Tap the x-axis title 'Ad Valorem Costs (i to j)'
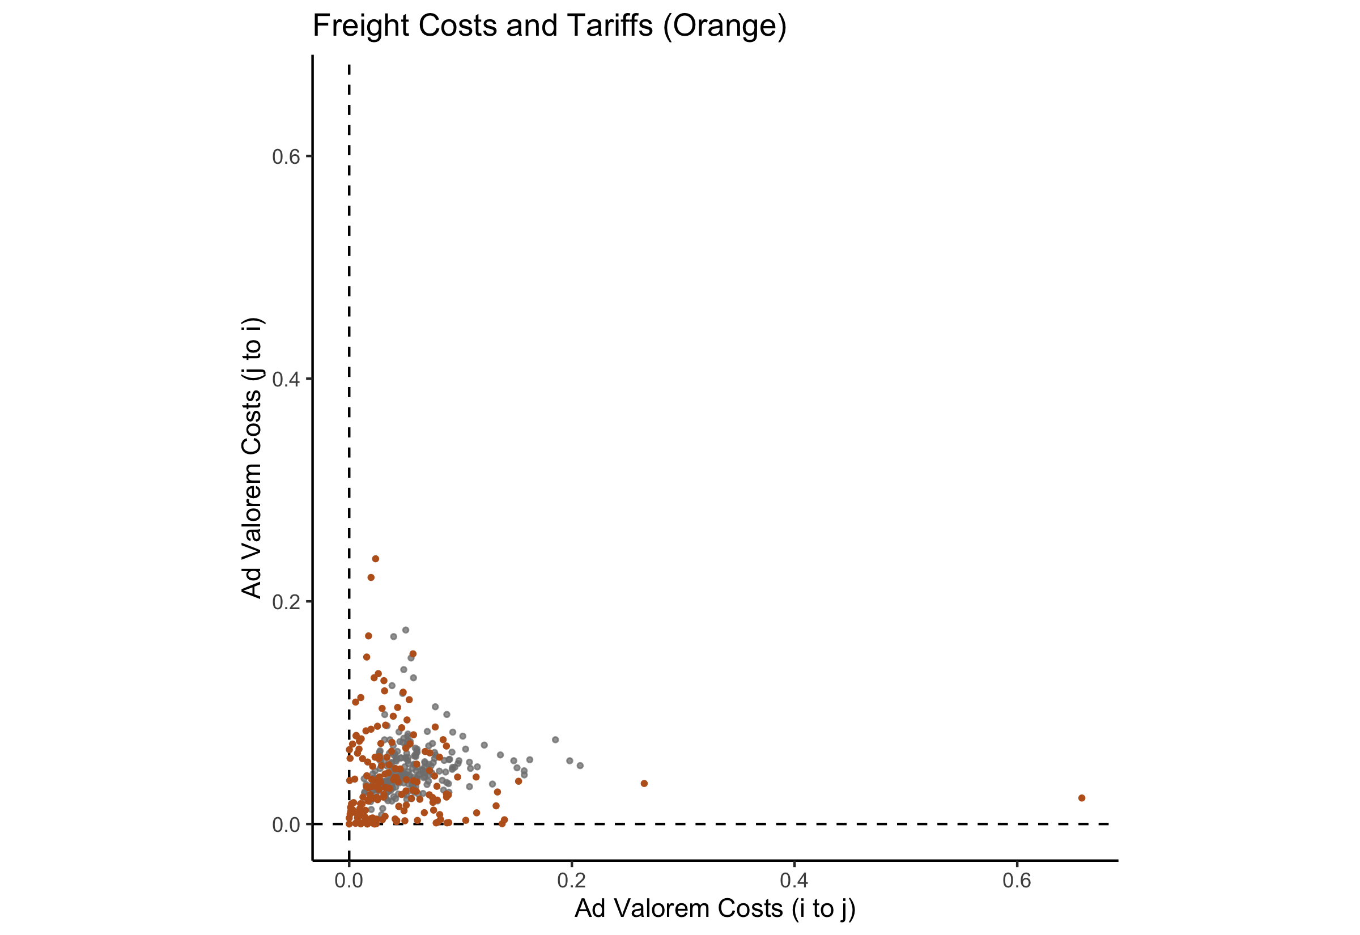click(x=715, y=908)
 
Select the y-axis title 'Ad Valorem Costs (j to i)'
click(x=252, y=458)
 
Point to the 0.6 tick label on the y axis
click(x=285, y=156)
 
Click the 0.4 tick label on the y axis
click(x=285, y=379)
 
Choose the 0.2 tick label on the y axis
click(x=285, y=602)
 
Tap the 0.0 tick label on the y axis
click(x=285, y=824)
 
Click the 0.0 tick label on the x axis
click(x=349, y=881)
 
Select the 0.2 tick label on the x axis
click(x=572, y=881)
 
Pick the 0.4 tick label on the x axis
click(x=794, y=881)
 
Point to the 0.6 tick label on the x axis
click(x=1017, y=881)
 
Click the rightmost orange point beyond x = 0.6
click(x=1082, y=798)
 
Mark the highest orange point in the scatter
click(x=376, y=559)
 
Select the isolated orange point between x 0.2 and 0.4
click(x=644, y=783)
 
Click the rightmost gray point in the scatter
click(x=580, y=766)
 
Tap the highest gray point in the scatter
click(x=405, y=630)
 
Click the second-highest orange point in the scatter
click(x=371, y=577)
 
